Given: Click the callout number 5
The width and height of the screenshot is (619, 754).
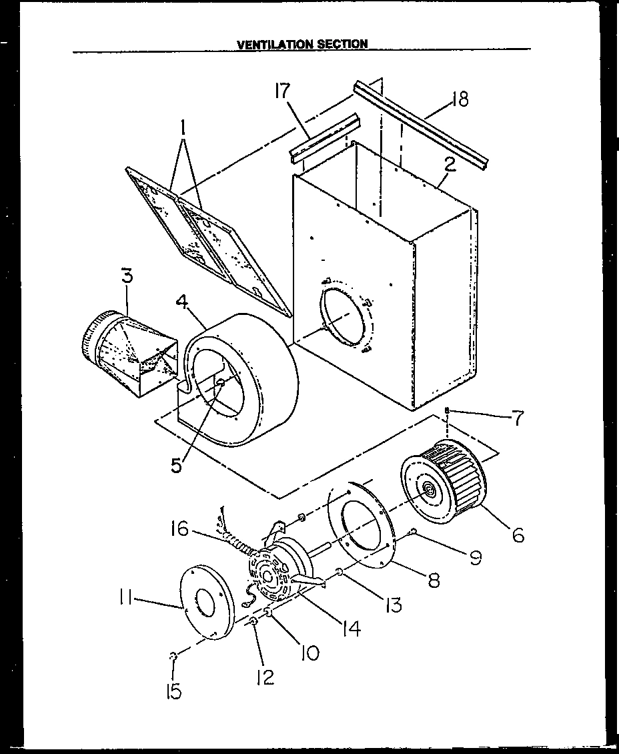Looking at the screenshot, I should [176, 465].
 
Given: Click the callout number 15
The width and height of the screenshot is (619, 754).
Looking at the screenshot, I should [173, 693].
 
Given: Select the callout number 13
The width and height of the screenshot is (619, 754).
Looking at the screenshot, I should [393, 605].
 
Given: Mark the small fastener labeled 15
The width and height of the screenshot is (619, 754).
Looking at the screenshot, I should [173, 657].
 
